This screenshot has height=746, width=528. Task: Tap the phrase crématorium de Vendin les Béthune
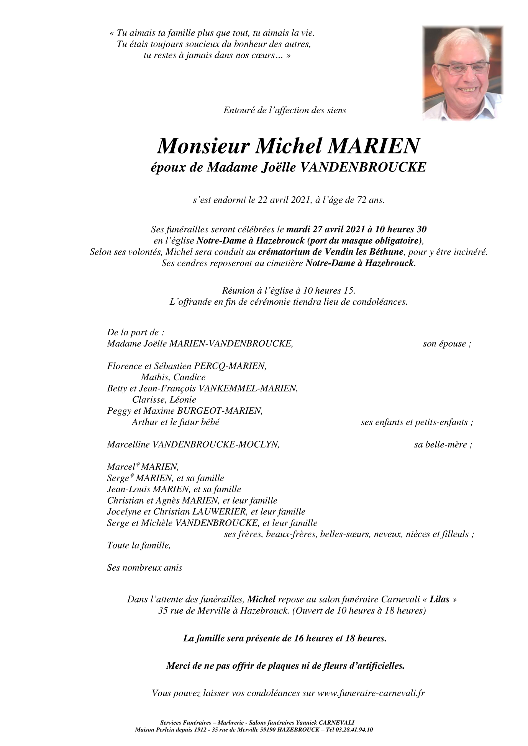[331, 252]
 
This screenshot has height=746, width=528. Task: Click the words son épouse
[447, 344]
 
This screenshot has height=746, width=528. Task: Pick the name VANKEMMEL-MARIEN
[247, 389]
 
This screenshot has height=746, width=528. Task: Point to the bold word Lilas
[439, 599]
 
